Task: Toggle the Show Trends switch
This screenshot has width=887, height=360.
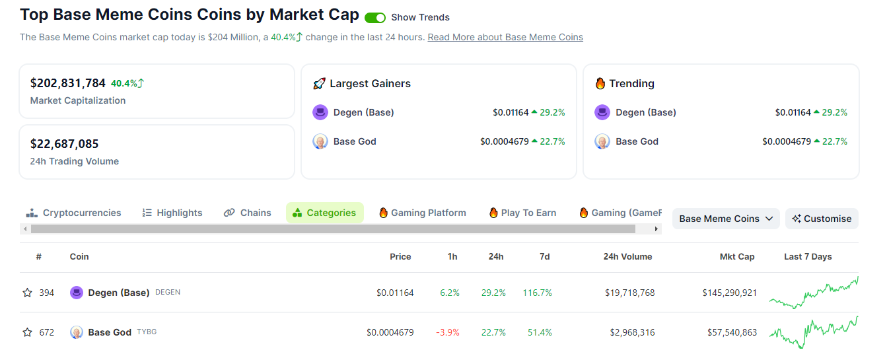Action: pyautogui.click(x=374, y=18)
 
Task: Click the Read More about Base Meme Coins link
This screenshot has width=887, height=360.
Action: pyautogui.click(x=505, y=37)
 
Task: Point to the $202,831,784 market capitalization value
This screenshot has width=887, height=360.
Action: pyautogui.click(x=68, y=83)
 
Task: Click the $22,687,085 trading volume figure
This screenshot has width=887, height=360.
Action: pyautogui.click(x=64, y=144)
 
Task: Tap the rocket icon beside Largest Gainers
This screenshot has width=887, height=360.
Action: pyautogui.click(x=319, y=84)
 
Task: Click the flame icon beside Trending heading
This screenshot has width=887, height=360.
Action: pyautogui.click(x=600, y=84)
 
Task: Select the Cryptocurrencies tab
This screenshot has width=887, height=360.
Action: pyautogui.click(x=73, y=213)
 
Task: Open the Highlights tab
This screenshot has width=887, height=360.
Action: pyautogui.click(x=172, y=213)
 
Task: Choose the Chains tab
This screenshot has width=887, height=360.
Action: pyautogui.click(x=248, y=213)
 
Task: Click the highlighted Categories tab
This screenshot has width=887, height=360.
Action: pyautogui.click(x=324, y=213)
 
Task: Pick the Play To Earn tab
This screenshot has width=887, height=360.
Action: pyautogui.click(x=522, y=213)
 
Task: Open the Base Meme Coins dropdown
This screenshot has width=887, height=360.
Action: pyautogui.click(x=726, y=219)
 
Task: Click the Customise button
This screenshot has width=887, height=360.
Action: pyautogui.click(x=822, y=219)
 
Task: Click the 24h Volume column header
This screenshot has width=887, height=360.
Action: pyautogui.click(x=627, y=256)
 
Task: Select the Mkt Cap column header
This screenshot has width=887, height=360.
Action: pyautogui.click(x=737, y=256)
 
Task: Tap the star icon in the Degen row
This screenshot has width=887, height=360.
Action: pyautogui.click(x=27, y=293)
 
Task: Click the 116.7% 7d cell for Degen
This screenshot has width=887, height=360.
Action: pyautogui.click(x=537, y=293)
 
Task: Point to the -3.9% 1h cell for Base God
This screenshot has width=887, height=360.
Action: pyautogui.click(x=447, y=332)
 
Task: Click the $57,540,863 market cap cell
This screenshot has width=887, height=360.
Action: pyautogui.click(x=730, y=332)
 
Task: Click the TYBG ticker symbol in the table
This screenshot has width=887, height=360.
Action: pyautogui.click(x=147, y=332)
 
